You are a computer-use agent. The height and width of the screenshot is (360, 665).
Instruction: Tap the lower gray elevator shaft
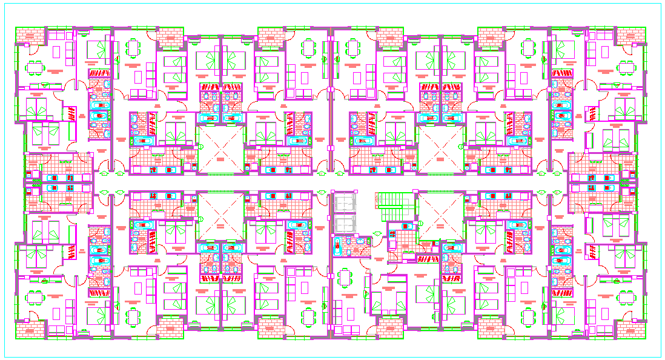tap(345, 224)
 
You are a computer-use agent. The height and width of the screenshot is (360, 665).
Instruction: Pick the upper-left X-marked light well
tap(220, 149)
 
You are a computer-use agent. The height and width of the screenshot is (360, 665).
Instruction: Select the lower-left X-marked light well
tap(220, 216)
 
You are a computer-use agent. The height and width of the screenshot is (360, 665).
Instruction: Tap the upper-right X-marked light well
tap(441, 149)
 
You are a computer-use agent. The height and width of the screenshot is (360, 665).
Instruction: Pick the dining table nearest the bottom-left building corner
tap(36, 298)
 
